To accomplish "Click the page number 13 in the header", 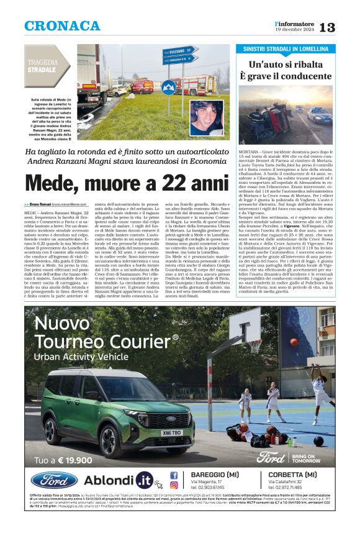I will (x=344, y=27).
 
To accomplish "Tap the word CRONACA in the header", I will (x=62, y=26).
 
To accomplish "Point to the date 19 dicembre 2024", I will (x=295, y=30).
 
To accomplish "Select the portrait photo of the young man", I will (x=206, y=117).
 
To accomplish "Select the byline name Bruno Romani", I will (x=38, y=204).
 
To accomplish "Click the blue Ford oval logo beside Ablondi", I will (x=55, y=480).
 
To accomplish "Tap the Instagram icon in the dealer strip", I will (x=174, y=486).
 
